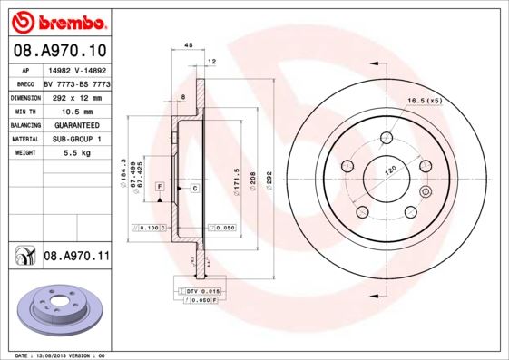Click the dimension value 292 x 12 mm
(75, 94)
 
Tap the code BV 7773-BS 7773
(76, 82)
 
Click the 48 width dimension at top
(188, 44)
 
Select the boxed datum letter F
(159, 187)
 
